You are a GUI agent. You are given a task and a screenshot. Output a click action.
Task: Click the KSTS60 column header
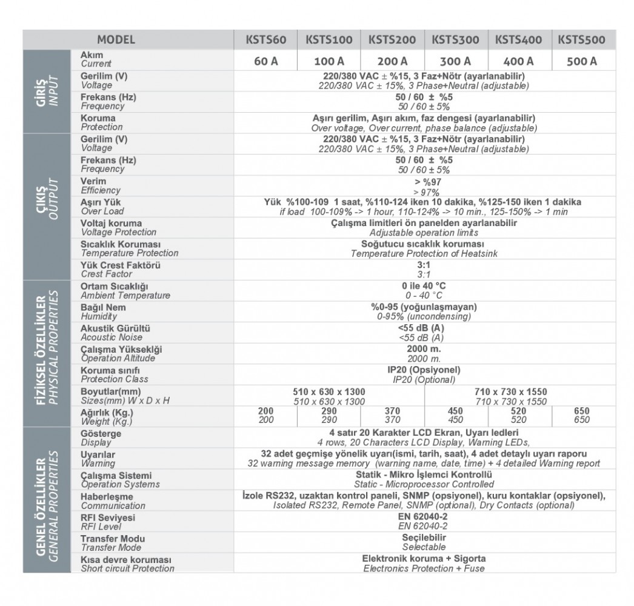click(x=265, y=40)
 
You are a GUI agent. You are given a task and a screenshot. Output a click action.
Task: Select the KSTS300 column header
click(x=455, y=40)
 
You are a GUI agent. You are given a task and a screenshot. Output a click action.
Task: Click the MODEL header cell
click(x=116, y=40)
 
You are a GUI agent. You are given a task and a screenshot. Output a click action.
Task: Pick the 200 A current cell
click(x=392, y=61)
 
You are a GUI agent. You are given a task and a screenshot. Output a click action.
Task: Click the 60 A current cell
click(x=265, y=61)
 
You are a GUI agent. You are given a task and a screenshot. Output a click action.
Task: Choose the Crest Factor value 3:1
click(x=424, y=269)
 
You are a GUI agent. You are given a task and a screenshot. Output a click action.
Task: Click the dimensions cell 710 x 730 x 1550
click(x=519, y=396)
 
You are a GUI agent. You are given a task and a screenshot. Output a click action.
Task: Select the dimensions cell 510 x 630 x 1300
click(x=329, y=396)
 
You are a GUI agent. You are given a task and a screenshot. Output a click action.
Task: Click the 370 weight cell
click(x=392, y=415)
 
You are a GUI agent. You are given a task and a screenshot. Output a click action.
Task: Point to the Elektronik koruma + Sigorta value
click(x=424, y=563)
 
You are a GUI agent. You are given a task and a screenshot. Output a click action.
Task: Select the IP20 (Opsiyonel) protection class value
click(x=424, y=375)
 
